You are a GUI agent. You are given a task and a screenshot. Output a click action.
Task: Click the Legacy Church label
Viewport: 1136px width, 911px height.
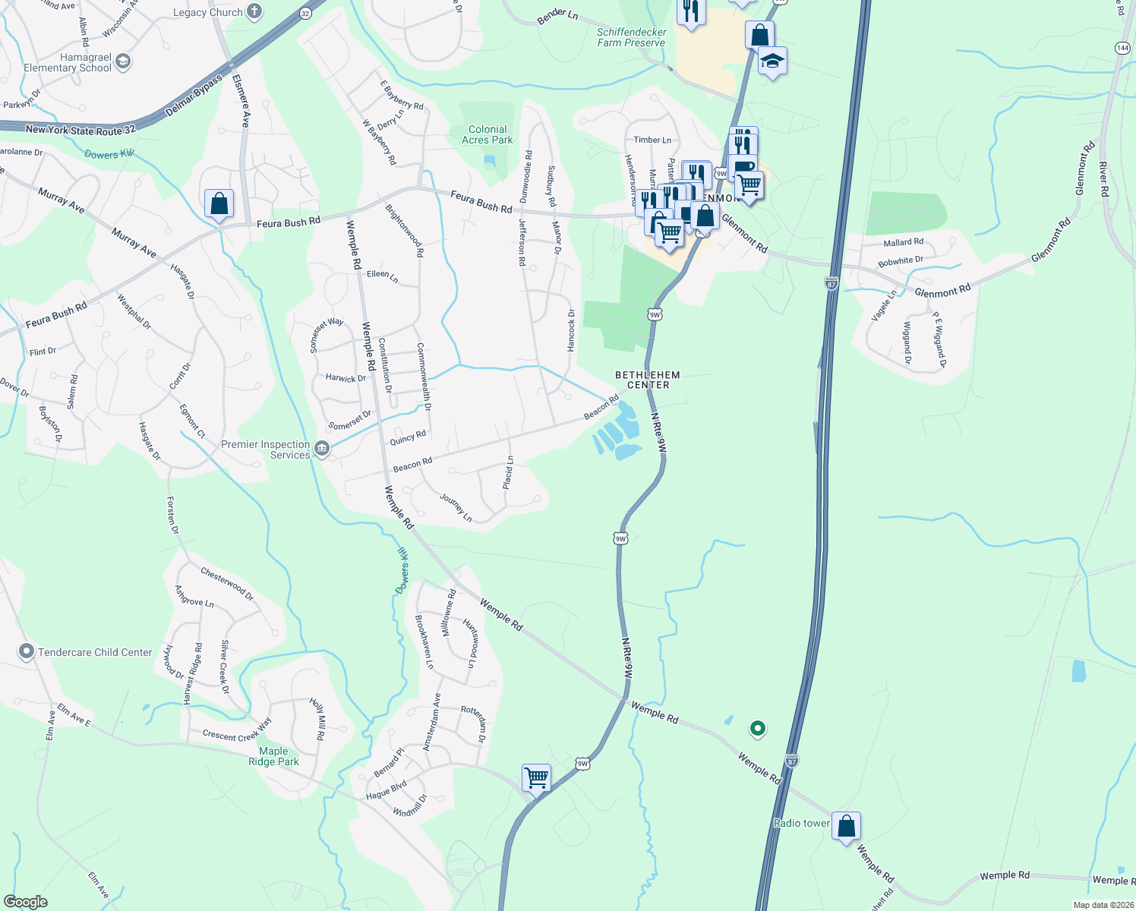(x=207, y=12)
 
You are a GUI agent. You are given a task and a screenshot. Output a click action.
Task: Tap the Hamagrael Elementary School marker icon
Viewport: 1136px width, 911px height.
(x=123, y=61)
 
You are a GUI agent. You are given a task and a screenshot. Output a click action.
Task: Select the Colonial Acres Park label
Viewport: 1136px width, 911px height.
(x=488, y=134)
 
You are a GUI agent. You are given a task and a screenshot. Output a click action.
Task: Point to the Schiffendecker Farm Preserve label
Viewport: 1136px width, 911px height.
(x=631, y=37)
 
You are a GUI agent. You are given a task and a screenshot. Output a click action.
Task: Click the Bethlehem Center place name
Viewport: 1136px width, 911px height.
(x=648, y=380)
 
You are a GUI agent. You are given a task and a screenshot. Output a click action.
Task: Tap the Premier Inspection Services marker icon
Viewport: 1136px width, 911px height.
(x=322, y=449)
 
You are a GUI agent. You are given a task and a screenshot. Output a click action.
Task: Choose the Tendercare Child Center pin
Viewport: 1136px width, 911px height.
(x=27, y=651)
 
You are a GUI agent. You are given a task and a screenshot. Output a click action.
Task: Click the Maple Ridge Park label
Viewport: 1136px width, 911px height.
(x=273, y=756)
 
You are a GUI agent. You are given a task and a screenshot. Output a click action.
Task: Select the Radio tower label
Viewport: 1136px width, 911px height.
(x=801, y=823)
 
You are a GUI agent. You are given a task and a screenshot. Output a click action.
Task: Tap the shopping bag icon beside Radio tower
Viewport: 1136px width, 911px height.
(x=846, y=825)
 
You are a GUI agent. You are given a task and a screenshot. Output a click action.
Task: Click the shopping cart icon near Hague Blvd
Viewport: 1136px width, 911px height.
(x=536, y=777)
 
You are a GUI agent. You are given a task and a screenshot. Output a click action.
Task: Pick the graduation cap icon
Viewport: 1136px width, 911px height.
(x=772, y=61)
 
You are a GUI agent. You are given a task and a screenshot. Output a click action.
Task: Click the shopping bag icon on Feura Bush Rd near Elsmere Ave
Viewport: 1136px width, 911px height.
(x=219, y=203)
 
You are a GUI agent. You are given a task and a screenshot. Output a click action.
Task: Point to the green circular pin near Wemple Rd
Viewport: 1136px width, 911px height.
(x=757, y=728)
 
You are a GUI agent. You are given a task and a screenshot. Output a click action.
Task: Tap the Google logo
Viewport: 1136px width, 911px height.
(x=26, y=901)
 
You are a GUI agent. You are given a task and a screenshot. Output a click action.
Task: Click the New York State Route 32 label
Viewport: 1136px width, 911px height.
(x=80, y=130)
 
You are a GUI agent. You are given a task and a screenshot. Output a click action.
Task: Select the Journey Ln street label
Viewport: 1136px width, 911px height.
(x=456, y=507)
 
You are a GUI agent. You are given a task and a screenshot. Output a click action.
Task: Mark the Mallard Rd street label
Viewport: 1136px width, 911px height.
(x=903, y=242)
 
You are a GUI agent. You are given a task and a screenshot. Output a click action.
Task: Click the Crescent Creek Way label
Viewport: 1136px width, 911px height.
(x=237, y=731)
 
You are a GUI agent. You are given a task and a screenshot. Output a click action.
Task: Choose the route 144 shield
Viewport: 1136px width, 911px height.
(x=1122, y=48)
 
